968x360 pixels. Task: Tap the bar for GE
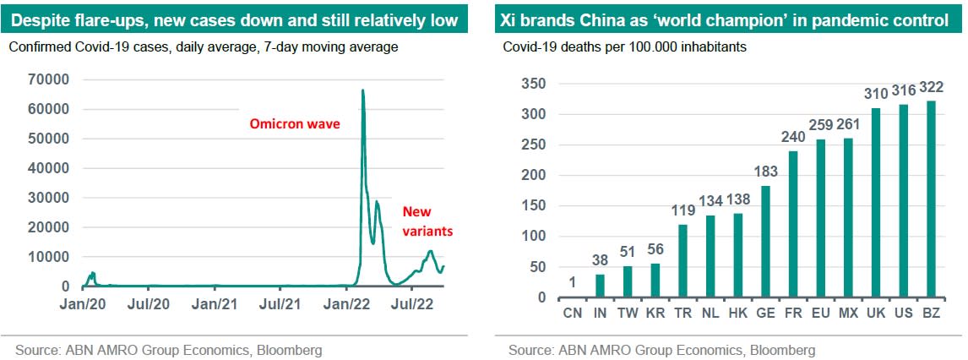[764, 242]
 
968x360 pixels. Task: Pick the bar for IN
[600, 286]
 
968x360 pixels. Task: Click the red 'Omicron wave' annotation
[294, 124]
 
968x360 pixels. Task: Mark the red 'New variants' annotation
[427, 221]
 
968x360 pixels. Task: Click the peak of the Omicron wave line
[362, 90]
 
